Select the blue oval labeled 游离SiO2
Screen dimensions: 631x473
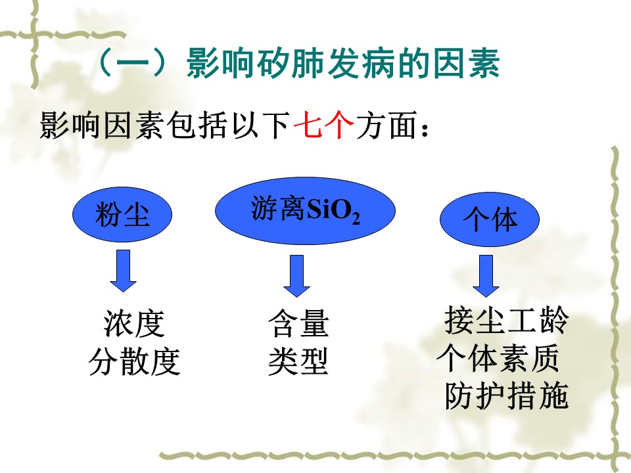tap(305, 210)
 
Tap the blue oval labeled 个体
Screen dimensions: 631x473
tap(489, 219)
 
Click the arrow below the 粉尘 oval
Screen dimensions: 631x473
tap(123, 270)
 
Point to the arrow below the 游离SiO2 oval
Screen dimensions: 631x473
tap(296, 275)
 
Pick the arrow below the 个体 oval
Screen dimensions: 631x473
tap(486, 275)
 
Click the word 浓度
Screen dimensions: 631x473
tap(134, 323)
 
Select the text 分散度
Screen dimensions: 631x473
tap(134, 361)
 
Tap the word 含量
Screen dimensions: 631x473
tap(298, 323)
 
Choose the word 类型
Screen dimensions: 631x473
tap(298, 361)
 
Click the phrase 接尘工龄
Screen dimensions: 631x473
tap(507, 320)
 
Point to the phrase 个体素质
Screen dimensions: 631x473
tap(498, 358)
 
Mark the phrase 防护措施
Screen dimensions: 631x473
tap(507, 395)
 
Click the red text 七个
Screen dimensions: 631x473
tap(324, 125)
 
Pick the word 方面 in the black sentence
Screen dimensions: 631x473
tap(386, 125)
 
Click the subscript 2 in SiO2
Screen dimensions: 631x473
tap(355, 218)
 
